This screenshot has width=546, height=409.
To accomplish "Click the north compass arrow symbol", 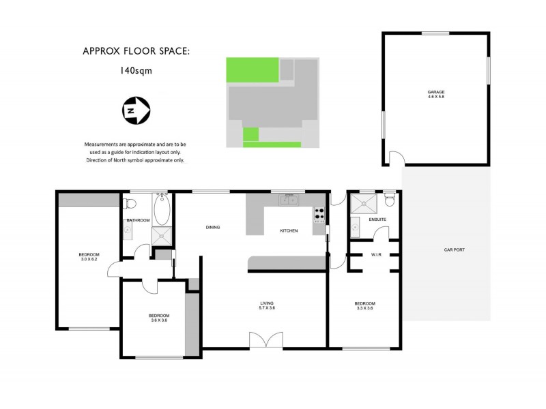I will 135,110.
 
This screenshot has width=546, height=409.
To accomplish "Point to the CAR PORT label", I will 454,250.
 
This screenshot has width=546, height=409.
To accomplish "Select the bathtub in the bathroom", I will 162,210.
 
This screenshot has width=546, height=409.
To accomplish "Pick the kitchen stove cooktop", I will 319,215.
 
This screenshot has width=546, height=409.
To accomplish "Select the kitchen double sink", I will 289,200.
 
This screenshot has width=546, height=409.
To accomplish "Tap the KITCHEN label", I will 289,231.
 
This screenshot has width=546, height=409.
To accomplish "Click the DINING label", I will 212,228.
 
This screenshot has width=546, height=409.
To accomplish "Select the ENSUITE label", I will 377,219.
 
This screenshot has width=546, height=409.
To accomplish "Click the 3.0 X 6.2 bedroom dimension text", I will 89,260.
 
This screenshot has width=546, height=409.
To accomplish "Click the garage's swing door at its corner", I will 394,160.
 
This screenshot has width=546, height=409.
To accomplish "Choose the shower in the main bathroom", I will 162,237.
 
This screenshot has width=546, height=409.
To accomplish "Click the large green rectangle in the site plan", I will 252,70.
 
